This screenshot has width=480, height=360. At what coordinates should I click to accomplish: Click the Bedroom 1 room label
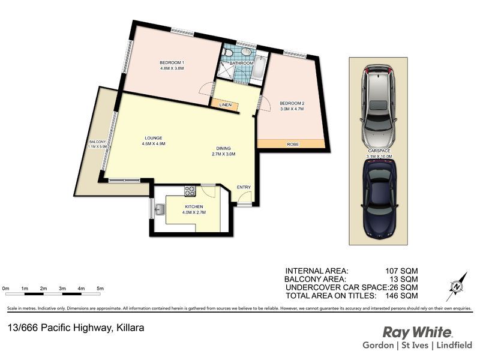[171, 63]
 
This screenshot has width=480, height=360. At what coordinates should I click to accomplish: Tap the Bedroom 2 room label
[292, 103]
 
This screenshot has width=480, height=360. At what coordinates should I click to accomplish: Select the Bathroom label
[241, 63]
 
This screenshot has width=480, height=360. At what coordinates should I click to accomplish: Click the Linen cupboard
[226, 105]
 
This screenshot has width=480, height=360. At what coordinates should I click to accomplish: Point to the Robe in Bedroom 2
[293, 144]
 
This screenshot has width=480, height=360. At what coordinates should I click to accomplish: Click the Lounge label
[153, 138]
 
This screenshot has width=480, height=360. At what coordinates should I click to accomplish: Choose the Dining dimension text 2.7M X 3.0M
[228, 154]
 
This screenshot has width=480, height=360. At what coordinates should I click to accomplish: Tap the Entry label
[244, 187]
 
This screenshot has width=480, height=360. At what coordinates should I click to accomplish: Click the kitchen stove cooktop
[189, 191]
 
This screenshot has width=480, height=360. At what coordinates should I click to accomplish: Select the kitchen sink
[160, 210]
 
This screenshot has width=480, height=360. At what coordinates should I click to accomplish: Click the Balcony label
[97, 142]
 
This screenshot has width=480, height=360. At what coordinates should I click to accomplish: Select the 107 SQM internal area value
[401, 271]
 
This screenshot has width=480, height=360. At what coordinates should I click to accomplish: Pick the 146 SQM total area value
[401, 295]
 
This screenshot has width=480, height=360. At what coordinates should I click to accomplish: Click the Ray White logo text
[418, 332]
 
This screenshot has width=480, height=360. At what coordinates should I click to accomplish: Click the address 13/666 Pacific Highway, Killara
[76, 328]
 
